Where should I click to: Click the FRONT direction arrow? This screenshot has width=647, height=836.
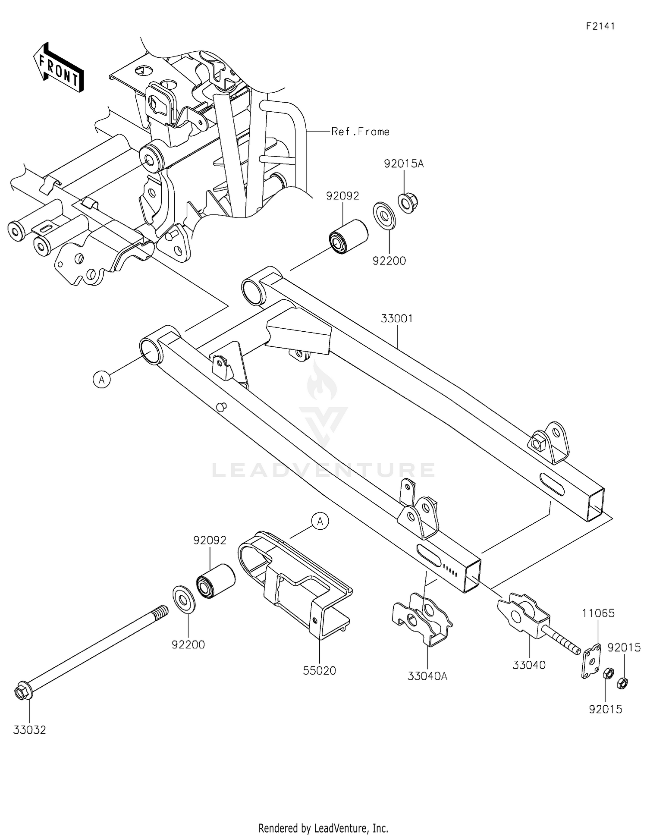click(x=58, y=68)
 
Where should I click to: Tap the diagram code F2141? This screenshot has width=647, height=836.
click(x=600, y=26)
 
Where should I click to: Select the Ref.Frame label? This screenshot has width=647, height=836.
click(x=360, y=132)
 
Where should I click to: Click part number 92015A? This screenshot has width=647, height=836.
click(x=404, y=164)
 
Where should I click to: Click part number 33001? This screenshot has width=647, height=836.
click(x=397, y=319)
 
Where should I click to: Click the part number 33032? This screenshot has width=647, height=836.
click(x=29, y=730)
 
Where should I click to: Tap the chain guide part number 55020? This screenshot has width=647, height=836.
click(x=319, y=671)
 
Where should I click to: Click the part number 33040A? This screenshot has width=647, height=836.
click(x=427, y=676)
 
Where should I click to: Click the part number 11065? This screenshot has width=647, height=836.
click(x=598, y=613)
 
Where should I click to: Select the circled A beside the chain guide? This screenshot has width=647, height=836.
click(x=320, y=521)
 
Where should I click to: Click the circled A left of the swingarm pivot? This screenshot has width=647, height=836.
click(x=102, y=380)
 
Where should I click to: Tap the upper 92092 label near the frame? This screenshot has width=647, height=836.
click(x=342, y=196)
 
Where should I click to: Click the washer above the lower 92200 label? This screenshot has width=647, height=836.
click(x=185, y=599)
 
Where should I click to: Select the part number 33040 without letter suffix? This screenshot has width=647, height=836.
click(x=529, y=665)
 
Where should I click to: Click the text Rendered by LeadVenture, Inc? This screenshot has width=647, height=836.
click(x=323, y=828)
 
